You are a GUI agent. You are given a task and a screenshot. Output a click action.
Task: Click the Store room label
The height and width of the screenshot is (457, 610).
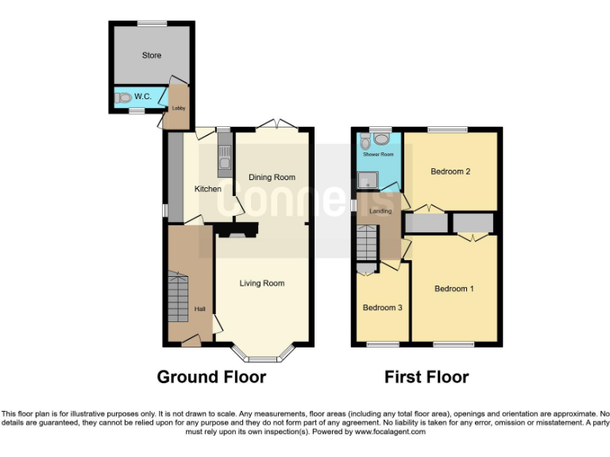coord(151,56)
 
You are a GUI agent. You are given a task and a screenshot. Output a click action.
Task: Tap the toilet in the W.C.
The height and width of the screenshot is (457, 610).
coord(122,98)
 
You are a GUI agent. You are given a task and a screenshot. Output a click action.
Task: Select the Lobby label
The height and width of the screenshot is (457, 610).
coord(179,109)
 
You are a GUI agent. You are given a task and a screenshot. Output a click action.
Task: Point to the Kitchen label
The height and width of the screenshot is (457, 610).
coord(208,189)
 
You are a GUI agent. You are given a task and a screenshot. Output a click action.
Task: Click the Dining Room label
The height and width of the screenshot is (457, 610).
coord(272,177)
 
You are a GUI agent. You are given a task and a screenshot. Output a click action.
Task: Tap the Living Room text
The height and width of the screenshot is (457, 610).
coord(262,283)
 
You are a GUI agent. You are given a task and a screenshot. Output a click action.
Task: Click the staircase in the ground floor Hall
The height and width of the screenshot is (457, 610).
coord(180,298)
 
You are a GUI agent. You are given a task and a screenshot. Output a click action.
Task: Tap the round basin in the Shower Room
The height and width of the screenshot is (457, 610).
coord(383,140)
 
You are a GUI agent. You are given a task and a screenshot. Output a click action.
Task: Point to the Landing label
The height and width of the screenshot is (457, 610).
coord(380,211)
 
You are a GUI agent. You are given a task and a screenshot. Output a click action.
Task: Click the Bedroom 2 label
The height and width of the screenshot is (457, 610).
coord(451,171)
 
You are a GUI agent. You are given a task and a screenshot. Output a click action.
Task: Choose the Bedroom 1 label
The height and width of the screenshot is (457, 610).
coord(454,289)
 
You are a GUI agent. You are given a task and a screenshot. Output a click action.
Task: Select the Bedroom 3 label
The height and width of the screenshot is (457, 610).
coord(382,308)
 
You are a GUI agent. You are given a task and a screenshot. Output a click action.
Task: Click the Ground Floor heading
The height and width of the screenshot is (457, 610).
coord(211,377)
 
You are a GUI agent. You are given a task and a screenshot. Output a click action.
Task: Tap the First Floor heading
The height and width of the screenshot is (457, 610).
coord(427,377)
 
